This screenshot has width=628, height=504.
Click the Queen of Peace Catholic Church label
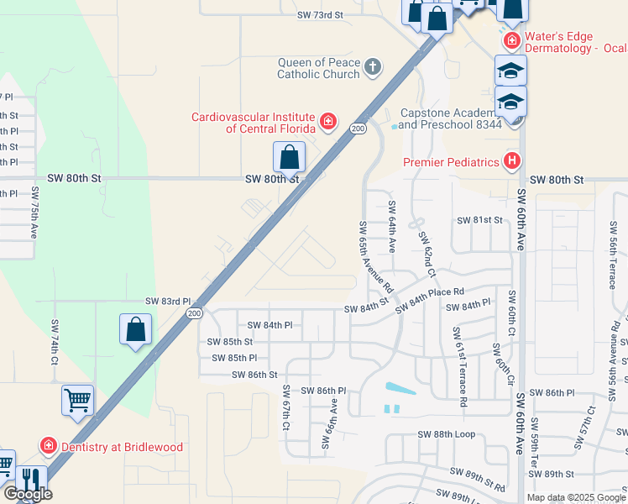[319, 68]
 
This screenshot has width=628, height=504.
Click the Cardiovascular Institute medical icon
[328, 123]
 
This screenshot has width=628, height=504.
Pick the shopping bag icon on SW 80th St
[289, 157]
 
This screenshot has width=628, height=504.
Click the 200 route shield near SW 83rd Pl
[194, 313]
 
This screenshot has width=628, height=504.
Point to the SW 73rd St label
[321, 15]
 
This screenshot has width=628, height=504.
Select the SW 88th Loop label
[446, 434]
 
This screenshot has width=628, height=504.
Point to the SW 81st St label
[479, 220]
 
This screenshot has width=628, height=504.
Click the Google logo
[28, 494]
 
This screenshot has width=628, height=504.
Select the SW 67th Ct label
[286, 409]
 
